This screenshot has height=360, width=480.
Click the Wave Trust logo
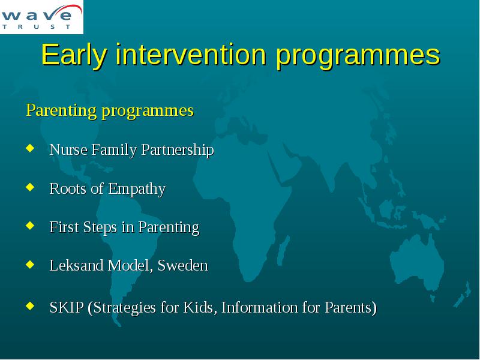[x=41, y=17]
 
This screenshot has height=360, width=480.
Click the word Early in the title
[x=74, y=55]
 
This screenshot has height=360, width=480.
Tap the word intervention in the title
[x=191, y=55]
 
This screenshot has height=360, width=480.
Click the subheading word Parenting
[x=61, y=111]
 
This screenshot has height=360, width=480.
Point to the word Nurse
[x=68, y=149]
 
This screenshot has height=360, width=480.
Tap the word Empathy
[x=137, y=189]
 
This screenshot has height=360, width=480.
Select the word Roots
[x=68, y=188]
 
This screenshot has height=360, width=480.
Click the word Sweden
[x=183, y=265]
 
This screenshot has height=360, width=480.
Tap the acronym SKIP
[x=67, y=307]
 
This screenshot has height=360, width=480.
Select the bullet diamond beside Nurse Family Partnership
[x=30, y=148]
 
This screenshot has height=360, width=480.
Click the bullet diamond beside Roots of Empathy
[x=30, y=187]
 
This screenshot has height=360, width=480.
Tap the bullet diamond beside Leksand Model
[x=30, y=264]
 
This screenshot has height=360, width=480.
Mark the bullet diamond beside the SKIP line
[x=30, y=305]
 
